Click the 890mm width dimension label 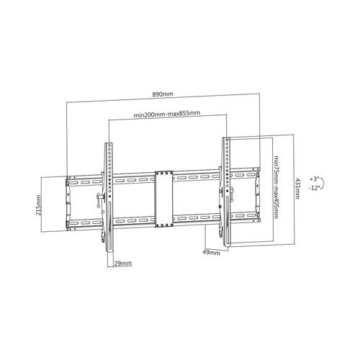pos(162,95)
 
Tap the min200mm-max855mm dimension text pos(166,114)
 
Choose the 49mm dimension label pos(211,252)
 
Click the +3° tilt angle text pos(314,177)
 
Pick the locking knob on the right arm pos(233,192)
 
